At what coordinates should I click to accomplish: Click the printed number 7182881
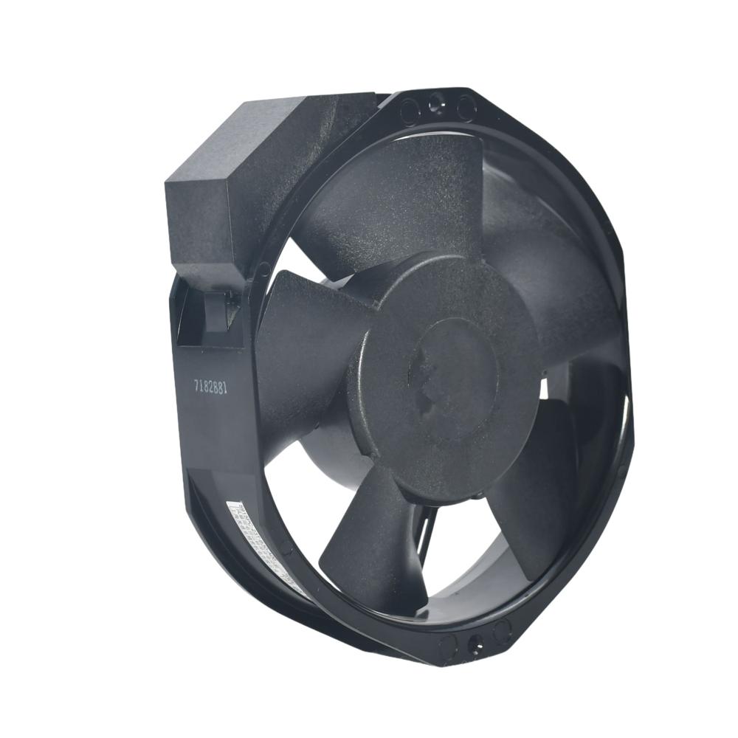(x=215, y=387)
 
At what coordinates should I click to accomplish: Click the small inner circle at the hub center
(x=443, y=376)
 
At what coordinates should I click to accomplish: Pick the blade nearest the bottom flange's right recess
(x=531, y=502)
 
